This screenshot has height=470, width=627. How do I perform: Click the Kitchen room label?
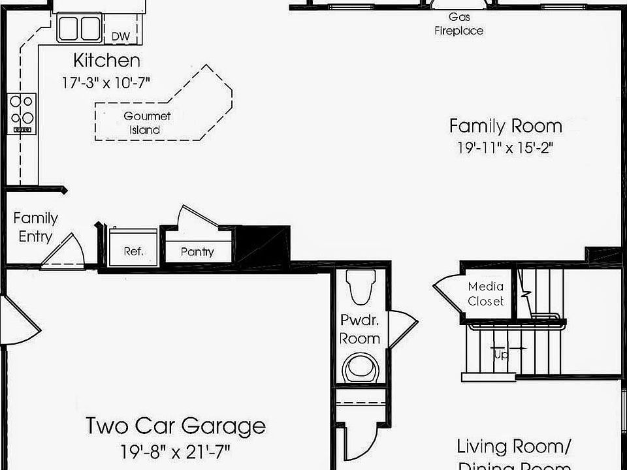click(x=106, y=61)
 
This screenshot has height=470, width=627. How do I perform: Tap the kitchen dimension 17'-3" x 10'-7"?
click(x=106, y=84)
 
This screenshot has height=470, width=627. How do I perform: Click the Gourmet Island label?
click(x=147, y=123)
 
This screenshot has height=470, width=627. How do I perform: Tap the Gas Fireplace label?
click(x=459, y=23)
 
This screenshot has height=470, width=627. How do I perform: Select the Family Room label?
click(x=505, y=125)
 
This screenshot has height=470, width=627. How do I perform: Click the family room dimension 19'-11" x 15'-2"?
click(x=505, y=148)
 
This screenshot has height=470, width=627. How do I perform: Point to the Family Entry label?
click(x=35, y=227)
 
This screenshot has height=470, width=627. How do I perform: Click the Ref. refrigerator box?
click(x=133, y=250)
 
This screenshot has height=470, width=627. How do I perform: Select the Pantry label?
click(x=197, y=251)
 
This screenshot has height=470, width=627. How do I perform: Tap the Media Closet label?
click(x=486, y=294)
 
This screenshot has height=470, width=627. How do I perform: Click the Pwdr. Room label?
click(x=360, y=329)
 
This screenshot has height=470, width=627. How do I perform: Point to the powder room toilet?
click(x=361, y=288)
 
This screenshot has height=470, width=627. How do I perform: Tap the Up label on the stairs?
click(x=500, y=354)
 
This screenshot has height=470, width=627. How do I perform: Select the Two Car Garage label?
click(x=176, y=426)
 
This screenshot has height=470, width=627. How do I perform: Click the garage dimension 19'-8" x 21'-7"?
click(x=176, y=451)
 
